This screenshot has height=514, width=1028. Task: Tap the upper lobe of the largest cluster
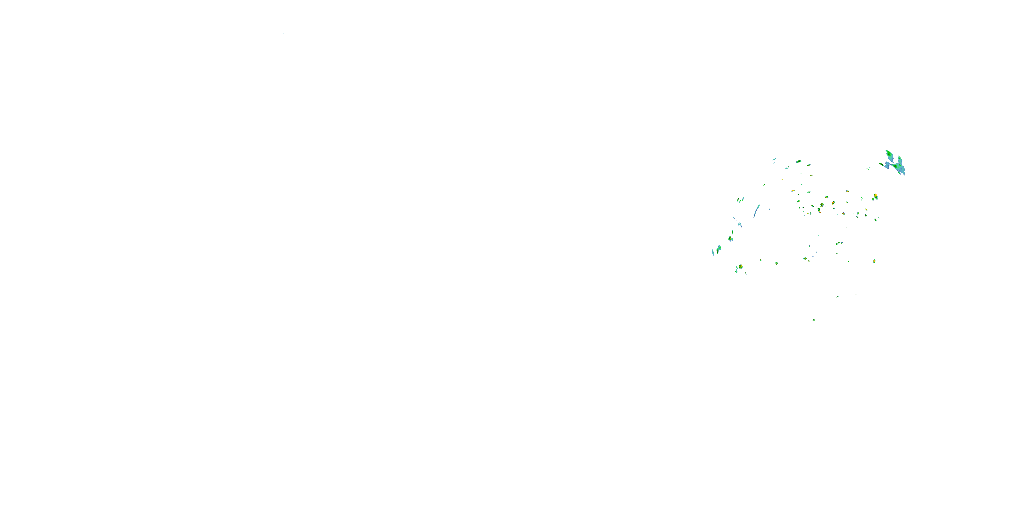click(x=889, y=154)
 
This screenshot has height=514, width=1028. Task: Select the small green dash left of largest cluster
click(x=868, y=168)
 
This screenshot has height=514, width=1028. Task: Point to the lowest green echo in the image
click(x=813, y=320)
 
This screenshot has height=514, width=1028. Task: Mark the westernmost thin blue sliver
click(x=713, y=252)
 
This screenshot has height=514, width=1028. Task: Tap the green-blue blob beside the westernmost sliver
click(x=719, y=249)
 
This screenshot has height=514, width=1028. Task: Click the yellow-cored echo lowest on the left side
click(x=740, y=267)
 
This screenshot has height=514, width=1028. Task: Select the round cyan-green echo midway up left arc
click(x=730, y=238)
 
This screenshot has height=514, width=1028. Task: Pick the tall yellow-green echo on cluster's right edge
click(x=875, y=196)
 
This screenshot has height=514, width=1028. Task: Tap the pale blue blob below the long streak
click(x=739, y=224)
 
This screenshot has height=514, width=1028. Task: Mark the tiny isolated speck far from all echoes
click(x=283, y=34)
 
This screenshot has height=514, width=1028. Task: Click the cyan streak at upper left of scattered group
click(x=774, y=159)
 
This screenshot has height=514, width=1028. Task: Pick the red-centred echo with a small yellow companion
click(x=822, y=205)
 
